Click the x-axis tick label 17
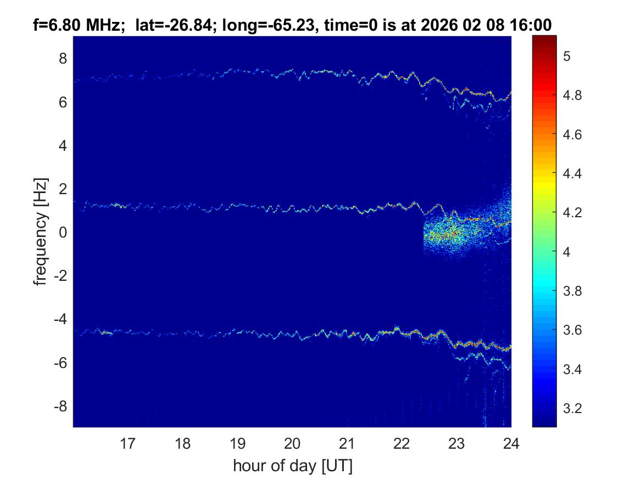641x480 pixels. (128, 443)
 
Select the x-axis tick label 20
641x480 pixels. (292, 443)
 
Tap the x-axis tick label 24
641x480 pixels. (511, 443)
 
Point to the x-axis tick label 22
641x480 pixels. (402, 443)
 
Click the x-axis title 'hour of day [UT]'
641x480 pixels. (292, 466)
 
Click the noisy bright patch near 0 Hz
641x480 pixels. (448, 233)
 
